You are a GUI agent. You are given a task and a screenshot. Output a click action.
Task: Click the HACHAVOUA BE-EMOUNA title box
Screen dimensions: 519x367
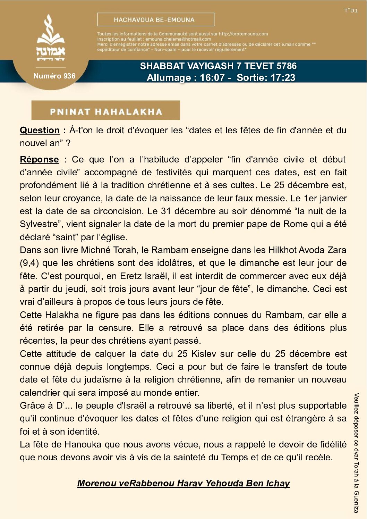pos(155,20)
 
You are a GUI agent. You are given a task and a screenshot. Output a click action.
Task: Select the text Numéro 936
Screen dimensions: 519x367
pos(54,76)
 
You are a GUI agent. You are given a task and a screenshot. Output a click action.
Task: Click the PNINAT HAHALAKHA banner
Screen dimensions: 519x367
pos(106,111)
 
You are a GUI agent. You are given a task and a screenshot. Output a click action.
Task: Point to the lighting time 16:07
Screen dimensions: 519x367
pos(212,77)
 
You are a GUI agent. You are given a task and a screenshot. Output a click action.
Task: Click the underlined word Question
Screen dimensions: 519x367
pos(40,130)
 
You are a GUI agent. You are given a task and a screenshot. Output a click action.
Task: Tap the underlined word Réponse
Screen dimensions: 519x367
pos(39,159)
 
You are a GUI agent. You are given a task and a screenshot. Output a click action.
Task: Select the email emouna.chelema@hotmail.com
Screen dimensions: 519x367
pos(178,39)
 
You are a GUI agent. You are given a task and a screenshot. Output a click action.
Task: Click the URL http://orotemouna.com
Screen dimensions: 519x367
pos(243,34)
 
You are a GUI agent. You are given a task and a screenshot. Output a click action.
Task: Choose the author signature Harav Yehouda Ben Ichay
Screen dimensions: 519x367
pos(183,483)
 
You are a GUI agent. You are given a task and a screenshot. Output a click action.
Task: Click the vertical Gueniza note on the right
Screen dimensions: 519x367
pos(356,453)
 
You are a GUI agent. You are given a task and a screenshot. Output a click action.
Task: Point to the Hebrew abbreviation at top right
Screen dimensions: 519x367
pos(350,10)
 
